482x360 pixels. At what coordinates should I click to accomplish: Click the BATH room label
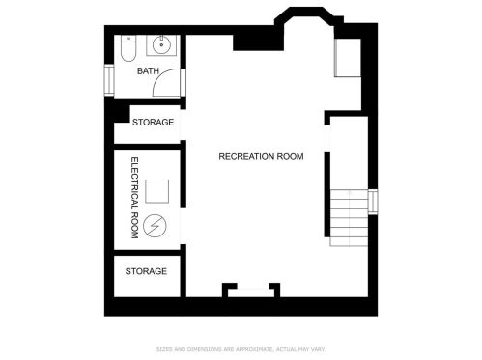(148, 70)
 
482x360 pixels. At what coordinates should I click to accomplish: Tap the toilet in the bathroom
(128, 48)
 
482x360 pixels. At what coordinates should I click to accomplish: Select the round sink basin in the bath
(161, 45)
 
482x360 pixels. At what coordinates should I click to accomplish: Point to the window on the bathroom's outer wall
(109, 80)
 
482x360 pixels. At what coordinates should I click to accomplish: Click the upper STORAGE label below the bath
(153, 123)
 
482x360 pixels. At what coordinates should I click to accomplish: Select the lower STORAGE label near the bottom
(146, 271)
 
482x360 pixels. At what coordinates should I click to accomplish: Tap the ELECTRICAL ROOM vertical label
(135, 198)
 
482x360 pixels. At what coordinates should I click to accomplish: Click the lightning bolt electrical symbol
(155, 226)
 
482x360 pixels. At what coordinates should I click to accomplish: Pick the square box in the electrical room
(156, 191)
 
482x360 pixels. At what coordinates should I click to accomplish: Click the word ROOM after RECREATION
(290, 156)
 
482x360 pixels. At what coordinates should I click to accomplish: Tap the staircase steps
(349, 218)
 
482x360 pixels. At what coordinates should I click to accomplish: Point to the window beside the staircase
(373, 202)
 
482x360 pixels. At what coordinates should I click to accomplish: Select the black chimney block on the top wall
(258, 42)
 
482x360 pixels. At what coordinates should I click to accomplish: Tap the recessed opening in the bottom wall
(251, 292)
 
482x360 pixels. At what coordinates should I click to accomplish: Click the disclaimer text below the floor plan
(241, 349)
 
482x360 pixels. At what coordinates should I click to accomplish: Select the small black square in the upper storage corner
(122, 114)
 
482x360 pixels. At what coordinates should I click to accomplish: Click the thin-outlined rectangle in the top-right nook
(348, 58)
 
